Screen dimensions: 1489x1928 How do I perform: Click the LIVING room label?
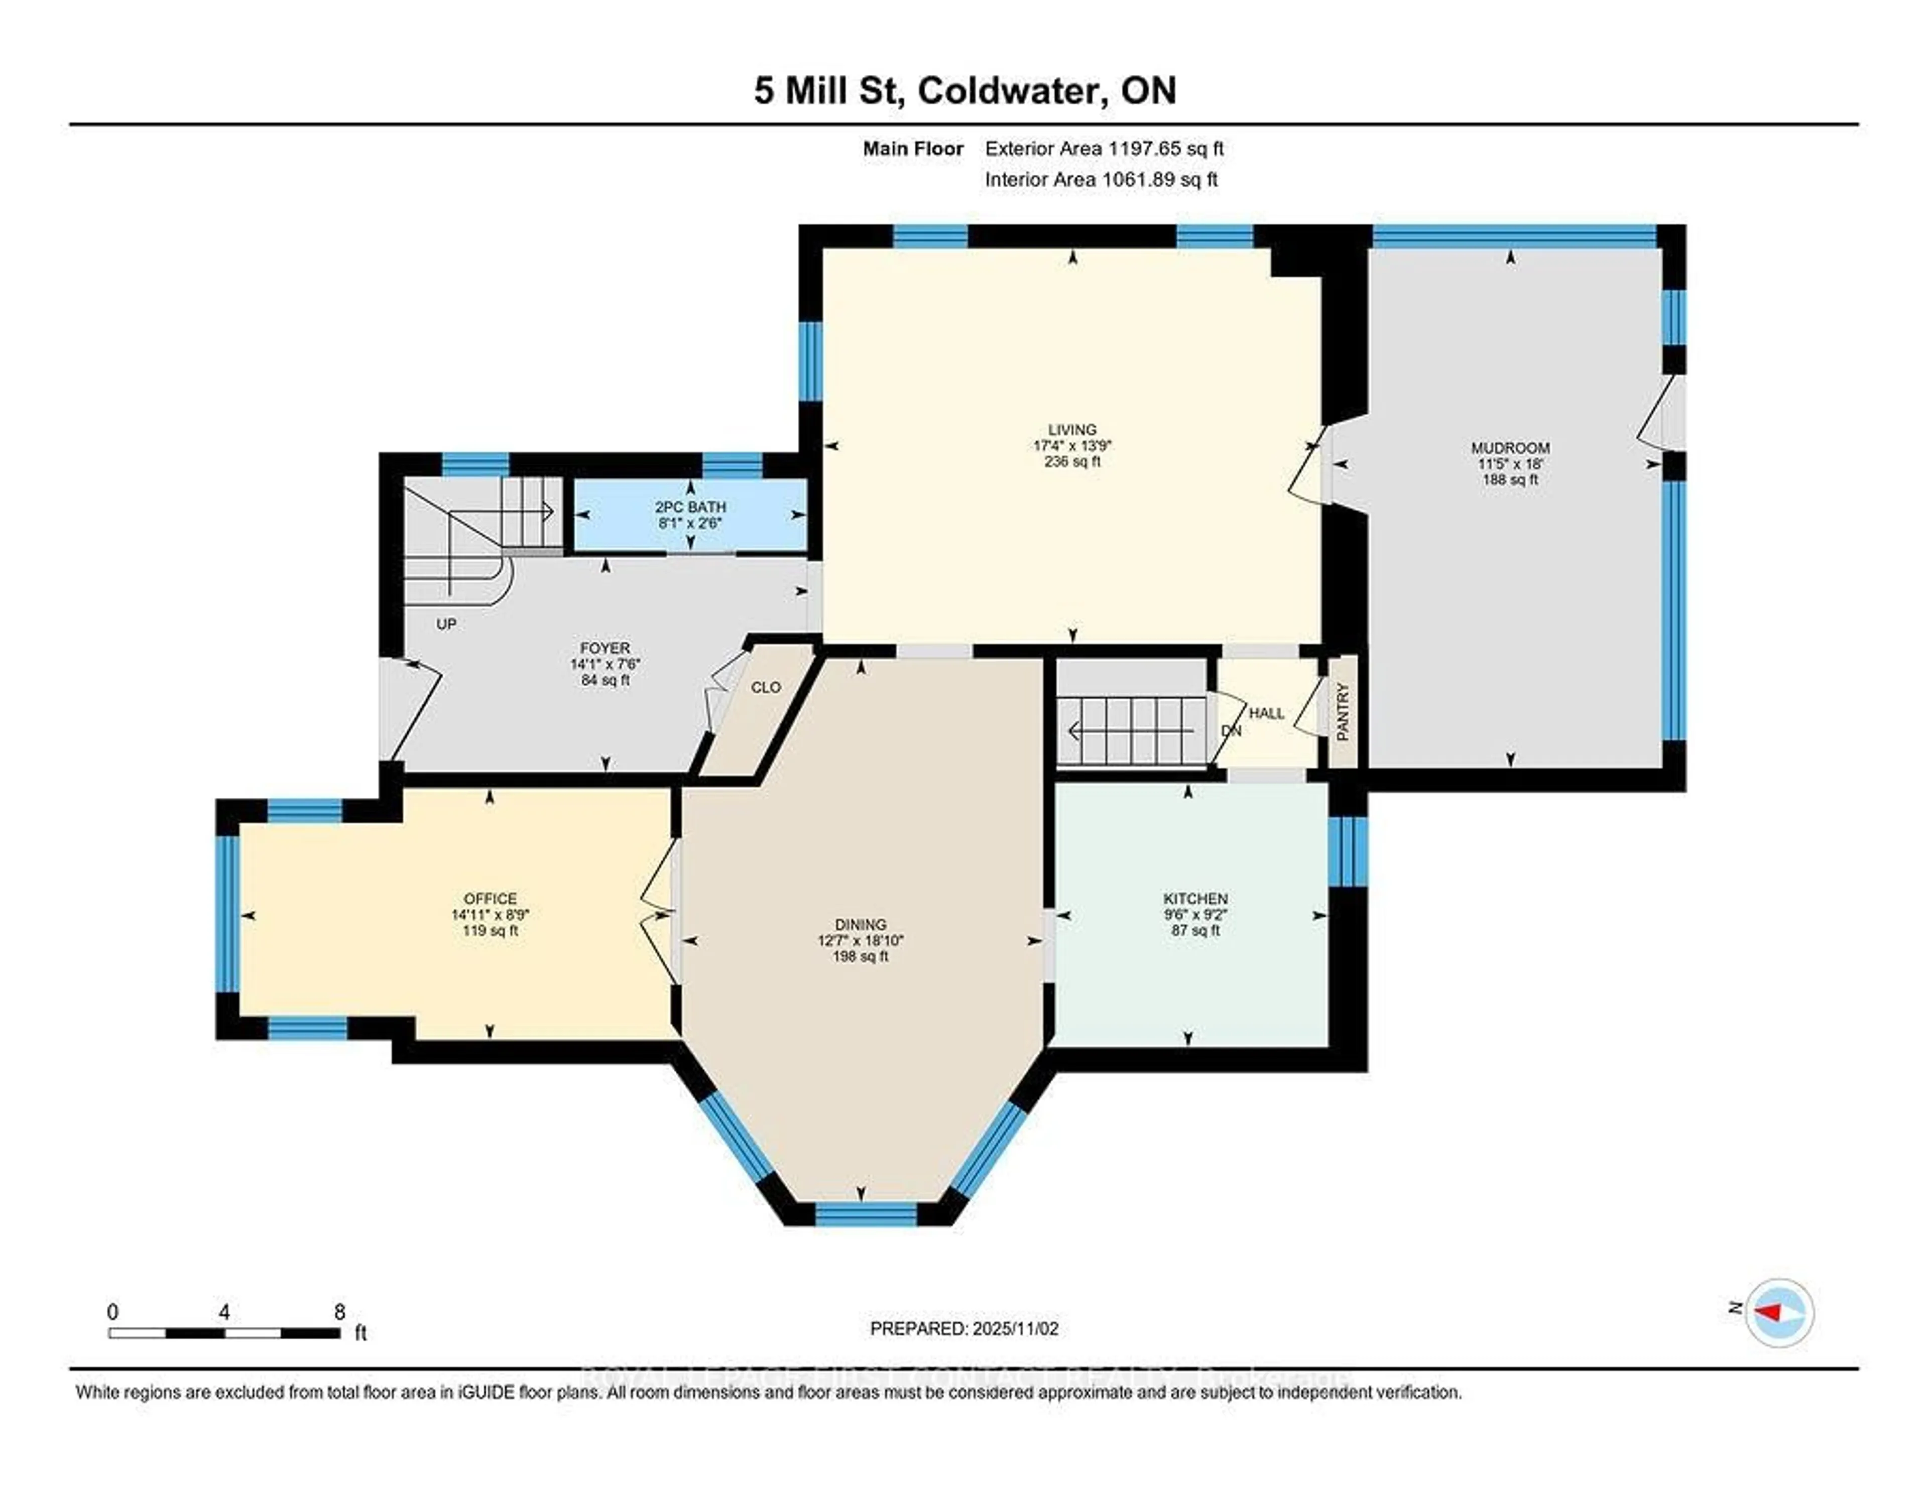pos(1072,430)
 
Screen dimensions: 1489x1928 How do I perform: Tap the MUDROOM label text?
pos(1510,447)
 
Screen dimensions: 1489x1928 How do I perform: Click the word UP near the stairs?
pos(447,624)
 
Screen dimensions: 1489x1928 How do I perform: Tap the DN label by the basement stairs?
pos(1231,731)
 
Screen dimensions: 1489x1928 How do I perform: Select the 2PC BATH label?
pos(690,507)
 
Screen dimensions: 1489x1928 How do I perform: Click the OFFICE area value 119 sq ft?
pos(490,930)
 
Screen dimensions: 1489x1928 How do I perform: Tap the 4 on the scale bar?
pos(224,1312)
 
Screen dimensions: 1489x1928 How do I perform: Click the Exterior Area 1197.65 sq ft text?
pos(1104,148)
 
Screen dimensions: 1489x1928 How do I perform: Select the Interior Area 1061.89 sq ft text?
pos(1101,179)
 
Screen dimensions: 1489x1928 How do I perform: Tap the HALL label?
pos(1267,713)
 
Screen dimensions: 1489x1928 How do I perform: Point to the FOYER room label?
pos(605,648)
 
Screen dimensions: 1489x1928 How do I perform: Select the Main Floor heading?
pos(913,148)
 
